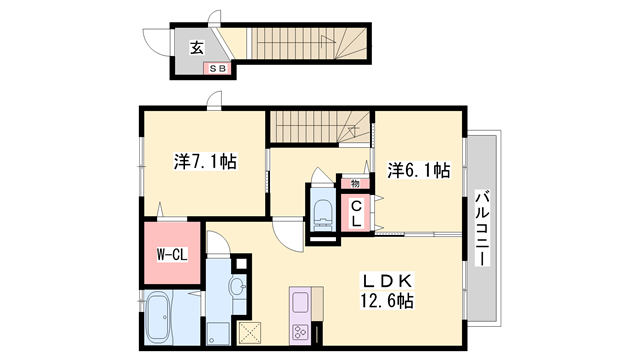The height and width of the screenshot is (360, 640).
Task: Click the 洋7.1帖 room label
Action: coord(204,160)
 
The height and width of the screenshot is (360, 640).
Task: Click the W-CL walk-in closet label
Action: coord(171,255)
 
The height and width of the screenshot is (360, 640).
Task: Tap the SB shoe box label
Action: coord(217,68)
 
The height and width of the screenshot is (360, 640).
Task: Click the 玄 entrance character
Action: coord(197,46)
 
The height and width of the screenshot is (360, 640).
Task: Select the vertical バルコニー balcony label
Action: coord(481,228)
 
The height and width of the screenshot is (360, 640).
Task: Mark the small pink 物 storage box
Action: coord(355,183)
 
